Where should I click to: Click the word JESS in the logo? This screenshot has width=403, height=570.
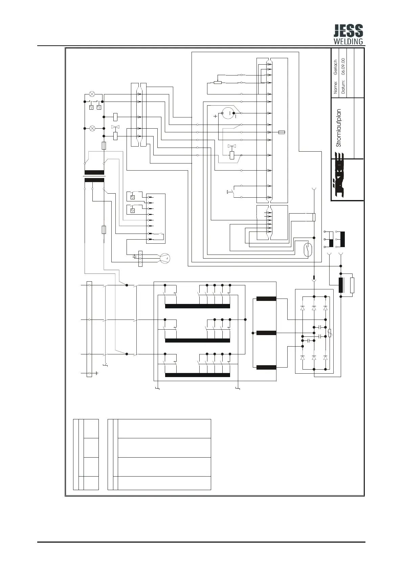coord(348,31)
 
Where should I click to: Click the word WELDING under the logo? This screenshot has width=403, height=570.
coord(348,42)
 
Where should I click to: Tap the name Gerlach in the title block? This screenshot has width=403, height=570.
coord(336,67)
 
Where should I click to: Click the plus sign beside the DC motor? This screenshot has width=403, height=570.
coord(216,116)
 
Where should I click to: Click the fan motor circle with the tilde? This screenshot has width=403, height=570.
coord(165,258)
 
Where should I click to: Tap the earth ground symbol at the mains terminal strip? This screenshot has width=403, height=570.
coord(97,373)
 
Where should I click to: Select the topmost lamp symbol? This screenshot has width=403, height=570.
coord(92,94)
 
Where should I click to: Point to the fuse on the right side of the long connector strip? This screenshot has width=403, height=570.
coord(282,132)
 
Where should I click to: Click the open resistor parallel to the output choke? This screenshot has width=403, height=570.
coord(352,285)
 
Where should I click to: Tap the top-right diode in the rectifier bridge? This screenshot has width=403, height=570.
coord(326,308)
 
